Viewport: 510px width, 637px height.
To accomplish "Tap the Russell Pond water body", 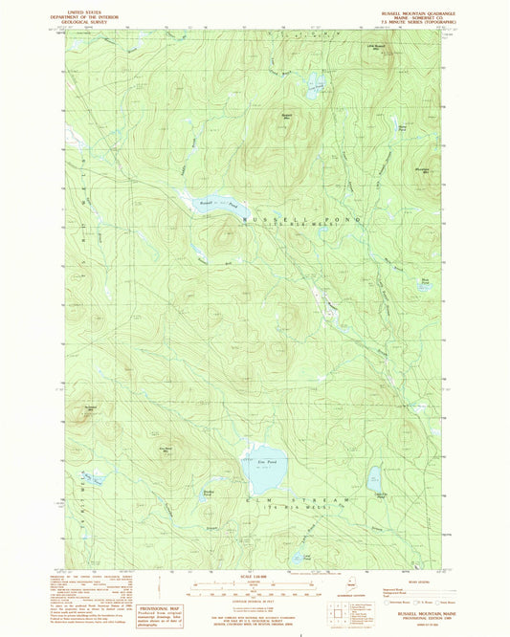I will [x=215, y=203].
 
